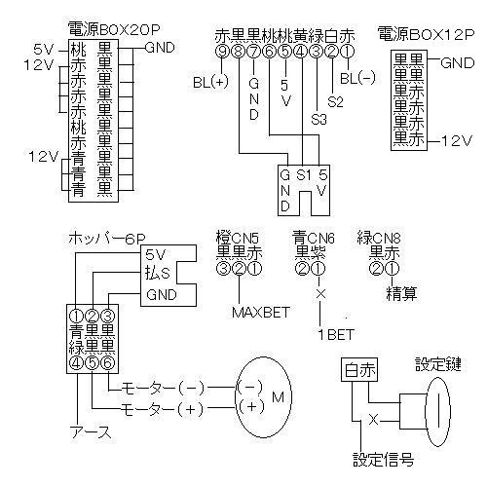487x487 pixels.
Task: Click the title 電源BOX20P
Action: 114,30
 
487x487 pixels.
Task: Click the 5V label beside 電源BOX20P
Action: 43,50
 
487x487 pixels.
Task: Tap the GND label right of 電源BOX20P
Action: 160,48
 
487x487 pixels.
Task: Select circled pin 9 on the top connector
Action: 222,51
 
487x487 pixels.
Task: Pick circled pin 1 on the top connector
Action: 348,51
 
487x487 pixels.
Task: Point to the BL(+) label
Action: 210,82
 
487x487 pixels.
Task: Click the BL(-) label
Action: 357,78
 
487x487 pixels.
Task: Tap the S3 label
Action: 318,120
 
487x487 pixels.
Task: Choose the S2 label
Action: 335,102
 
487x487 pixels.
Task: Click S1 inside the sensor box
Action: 304,175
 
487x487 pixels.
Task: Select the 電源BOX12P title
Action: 426,34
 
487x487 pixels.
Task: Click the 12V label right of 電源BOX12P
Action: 456,141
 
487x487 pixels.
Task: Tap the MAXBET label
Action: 261,313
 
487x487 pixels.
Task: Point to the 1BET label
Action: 336,334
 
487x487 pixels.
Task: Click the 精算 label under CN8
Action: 401,294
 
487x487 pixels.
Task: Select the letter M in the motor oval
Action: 278,396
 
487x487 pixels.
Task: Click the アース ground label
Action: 91,432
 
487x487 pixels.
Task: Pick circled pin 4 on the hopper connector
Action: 77,363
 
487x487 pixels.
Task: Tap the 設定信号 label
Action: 383,460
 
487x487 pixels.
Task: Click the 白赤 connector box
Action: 359,370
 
